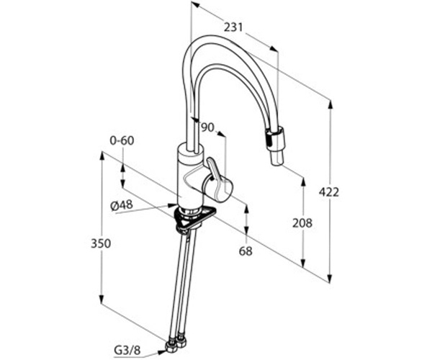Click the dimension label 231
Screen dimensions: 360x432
233,27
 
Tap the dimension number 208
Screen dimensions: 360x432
302,223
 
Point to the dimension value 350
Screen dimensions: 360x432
101,243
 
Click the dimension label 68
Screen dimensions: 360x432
246,251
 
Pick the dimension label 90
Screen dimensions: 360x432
207,127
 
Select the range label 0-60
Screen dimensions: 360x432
122,140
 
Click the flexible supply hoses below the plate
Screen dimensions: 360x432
184,281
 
